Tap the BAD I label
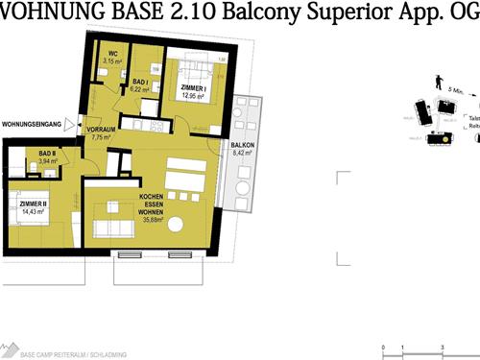click(140, 83)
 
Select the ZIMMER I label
click(194, 87)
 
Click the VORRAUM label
click(101, 129)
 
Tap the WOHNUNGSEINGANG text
click(31, 125)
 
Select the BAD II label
click(48, 154)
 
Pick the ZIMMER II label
click(33, 204)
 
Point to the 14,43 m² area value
click(33, 212)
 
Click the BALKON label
click(242, 144)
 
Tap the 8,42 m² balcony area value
click(242, 153)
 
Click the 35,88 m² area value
click(151, 220)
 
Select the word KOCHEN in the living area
click(151, 197)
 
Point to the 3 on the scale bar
click(442, 347)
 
